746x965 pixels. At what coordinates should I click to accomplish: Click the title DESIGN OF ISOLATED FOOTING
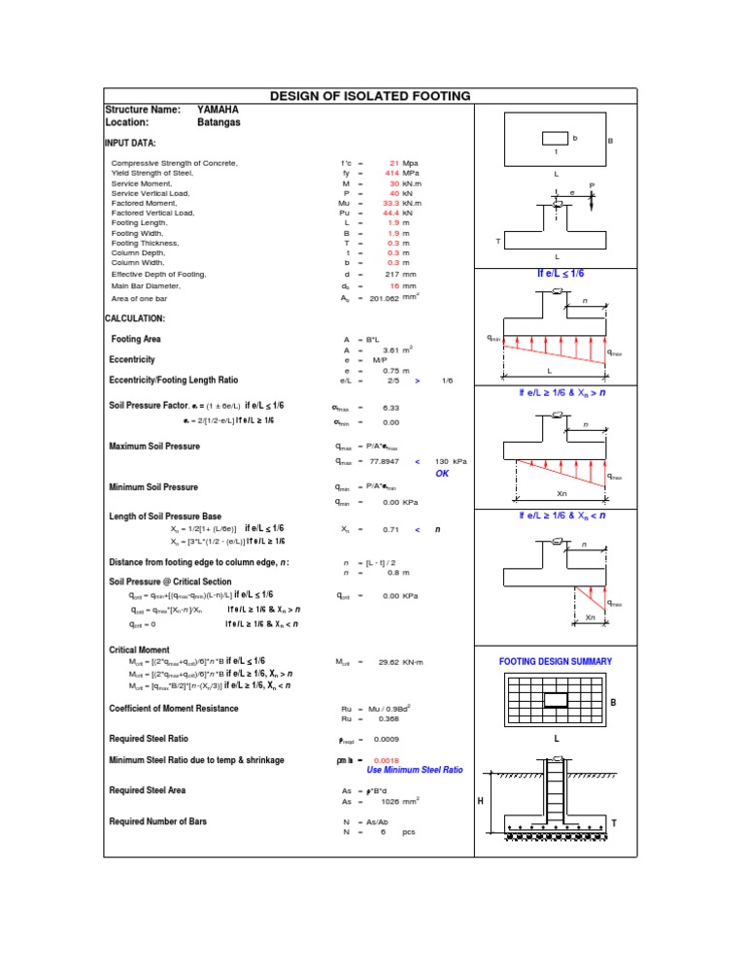[x=369, y=96]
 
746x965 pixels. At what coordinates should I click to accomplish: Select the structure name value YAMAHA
[x=218, y=110]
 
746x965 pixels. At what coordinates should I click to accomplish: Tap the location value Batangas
[x=219, y=123]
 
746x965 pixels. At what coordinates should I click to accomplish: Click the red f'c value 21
[x=393, y=163]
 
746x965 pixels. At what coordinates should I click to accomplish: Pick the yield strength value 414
[x=391, y=173]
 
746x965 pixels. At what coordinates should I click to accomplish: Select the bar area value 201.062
[x=386, y=299]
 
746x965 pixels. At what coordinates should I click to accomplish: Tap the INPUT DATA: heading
[x=130, y=144]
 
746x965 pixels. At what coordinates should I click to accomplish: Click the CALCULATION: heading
[x=135, y=318]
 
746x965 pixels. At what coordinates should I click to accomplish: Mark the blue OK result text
[x=442, y=473]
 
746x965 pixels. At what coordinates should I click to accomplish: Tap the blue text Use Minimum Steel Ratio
[x=415, y=770]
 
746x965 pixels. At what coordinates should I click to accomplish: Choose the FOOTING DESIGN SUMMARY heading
[x=557, y=661]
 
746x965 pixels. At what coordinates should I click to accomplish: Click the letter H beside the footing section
[x=479, y=801]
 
